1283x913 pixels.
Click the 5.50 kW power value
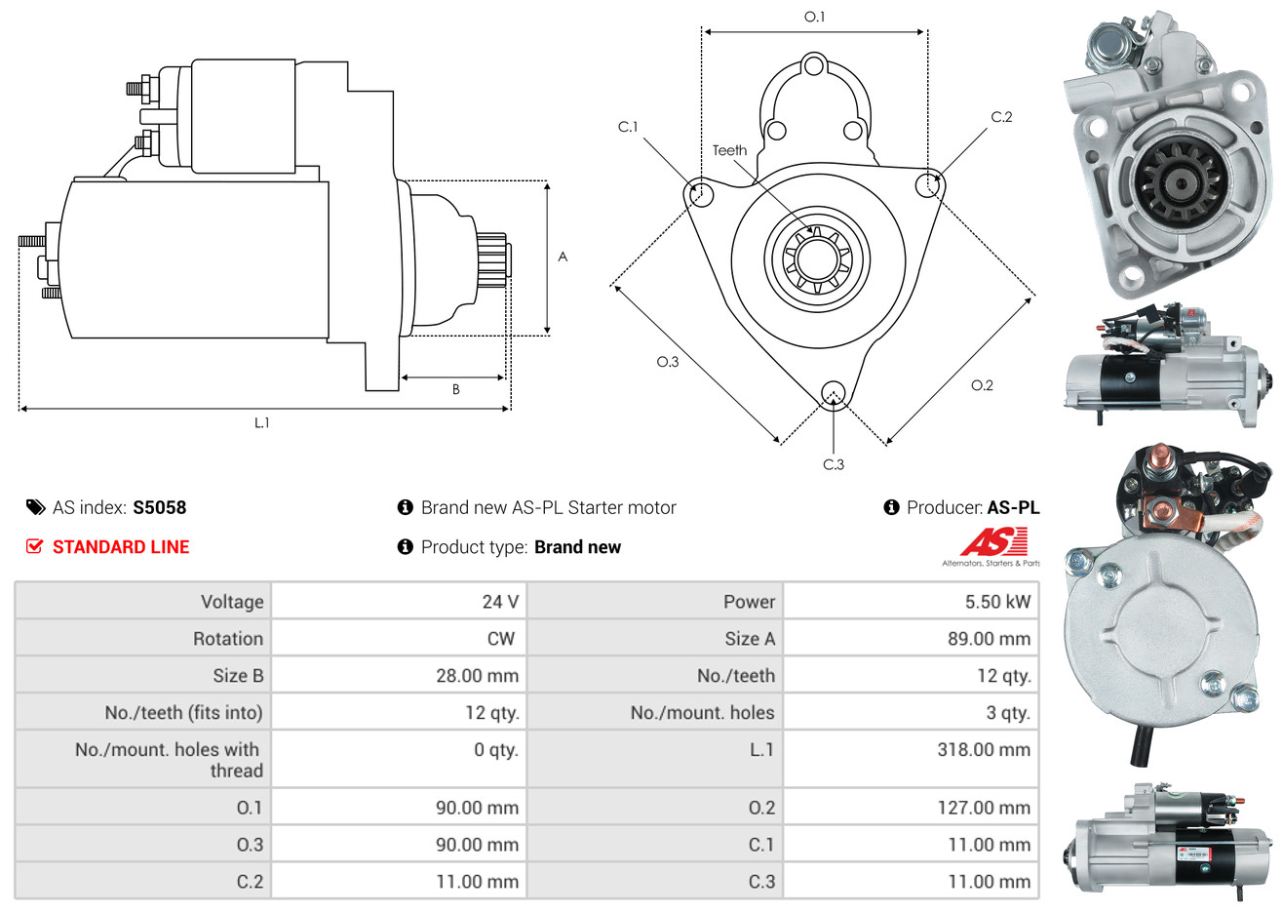tap(997, 602)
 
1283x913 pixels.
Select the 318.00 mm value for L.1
tap(984, 750)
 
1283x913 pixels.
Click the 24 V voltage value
tap(500, 602)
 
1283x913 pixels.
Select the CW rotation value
tap(500, 639)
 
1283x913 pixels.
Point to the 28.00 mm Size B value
tap(477, 676)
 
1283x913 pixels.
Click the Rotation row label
tap(228, 639)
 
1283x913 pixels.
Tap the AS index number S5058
tap(159, 507)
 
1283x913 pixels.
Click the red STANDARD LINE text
tap(121, 547)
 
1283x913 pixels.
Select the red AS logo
tap(994, 542)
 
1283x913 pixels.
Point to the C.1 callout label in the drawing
tap(628, 127)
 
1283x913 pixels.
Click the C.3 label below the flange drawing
tap(834, 464)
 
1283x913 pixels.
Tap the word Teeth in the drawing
tap(729, 150)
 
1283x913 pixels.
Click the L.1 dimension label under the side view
tap(261, 422)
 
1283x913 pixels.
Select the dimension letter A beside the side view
tap(563, 257)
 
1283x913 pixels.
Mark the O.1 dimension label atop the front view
tap(814, 17)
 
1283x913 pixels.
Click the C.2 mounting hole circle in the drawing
tap(929, 184)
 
